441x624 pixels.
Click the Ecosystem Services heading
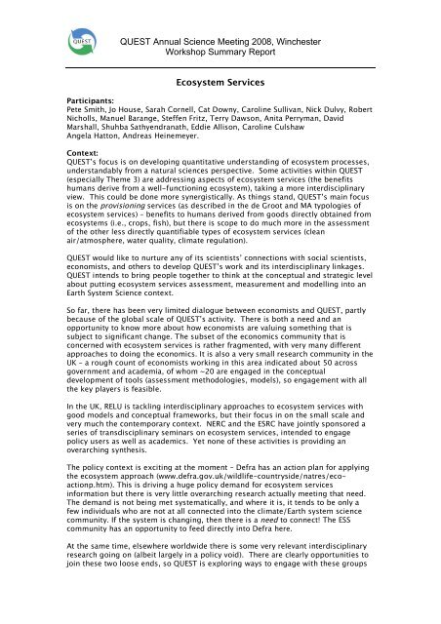point(220,86)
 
